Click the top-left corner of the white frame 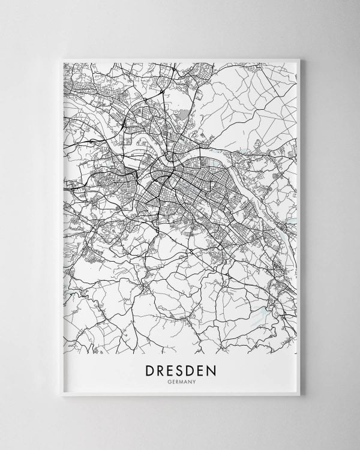[x=55, y=54]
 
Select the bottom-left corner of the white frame [x=55, y=397]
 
